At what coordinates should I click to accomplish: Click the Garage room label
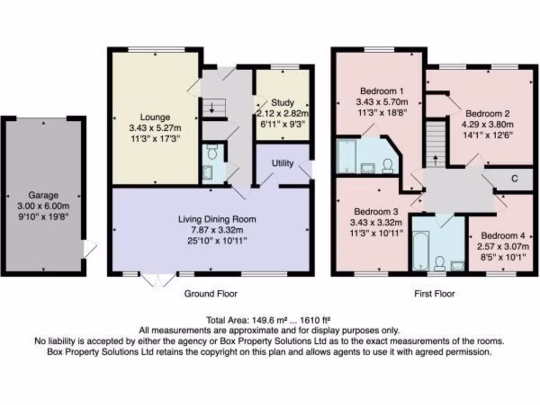tap(44, 195)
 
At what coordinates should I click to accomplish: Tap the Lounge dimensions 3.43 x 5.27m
tap(155, 127)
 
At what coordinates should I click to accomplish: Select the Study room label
tap(283, 103)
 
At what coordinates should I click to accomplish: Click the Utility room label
tap(283, 163)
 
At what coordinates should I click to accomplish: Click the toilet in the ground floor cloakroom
tap(213, 153)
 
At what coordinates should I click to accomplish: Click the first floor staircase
tap(436, 142)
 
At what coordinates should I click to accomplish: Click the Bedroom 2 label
tap(488, 113)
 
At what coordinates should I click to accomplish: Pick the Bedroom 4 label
tap(500, 235)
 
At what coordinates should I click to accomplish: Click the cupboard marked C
tap(514, 179)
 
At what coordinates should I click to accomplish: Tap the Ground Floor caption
tap(210, 294)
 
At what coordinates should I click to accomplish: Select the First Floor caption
tap(434, 294)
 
